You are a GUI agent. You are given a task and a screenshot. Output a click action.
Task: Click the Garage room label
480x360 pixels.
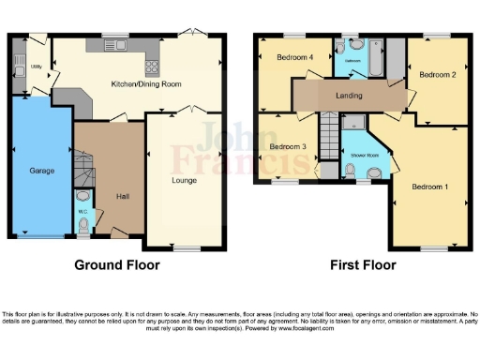click(41, 171)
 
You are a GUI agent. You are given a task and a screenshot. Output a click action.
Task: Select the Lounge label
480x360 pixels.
click(184, 179)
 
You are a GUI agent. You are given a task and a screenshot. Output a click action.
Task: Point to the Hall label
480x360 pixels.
click(122, 197)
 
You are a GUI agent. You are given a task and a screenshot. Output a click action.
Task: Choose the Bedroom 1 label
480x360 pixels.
click(430, 187)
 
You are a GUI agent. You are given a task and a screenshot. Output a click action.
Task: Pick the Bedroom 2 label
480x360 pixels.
click(437, 74)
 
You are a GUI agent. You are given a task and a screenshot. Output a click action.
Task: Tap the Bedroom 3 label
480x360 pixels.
click(288, 147)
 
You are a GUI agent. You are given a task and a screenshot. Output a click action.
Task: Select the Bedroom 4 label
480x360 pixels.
click(294, 57)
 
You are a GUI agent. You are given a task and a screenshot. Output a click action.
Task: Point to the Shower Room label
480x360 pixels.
click(359, 155)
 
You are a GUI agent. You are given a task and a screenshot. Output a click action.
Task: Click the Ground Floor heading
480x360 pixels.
click(116, 265)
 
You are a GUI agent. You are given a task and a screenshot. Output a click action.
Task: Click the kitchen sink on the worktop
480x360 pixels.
click(102, 45)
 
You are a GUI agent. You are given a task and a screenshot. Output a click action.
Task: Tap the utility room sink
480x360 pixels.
click(19, 66)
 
